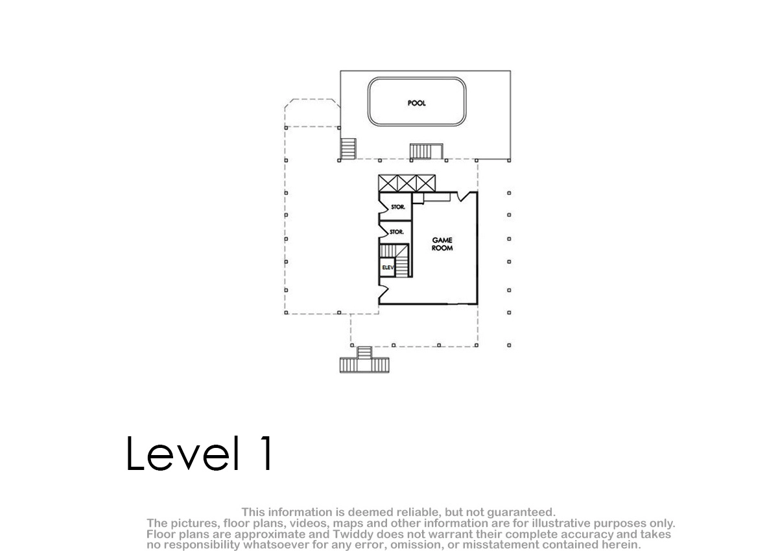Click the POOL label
(416, 103)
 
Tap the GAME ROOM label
(442, 244)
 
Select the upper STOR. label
(398, 207)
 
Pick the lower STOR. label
(397, 232)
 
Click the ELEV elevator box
(387, 267)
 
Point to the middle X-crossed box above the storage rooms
(407, 183)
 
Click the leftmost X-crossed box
(388, 183)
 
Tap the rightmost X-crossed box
(426, 183)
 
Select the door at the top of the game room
(466, 196)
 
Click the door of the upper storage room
(383, 207)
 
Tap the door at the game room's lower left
(383, 292)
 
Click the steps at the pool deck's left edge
(348, 149)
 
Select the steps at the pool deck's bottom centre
(426, 152)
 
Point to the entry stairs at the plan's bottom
(364, 360)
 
